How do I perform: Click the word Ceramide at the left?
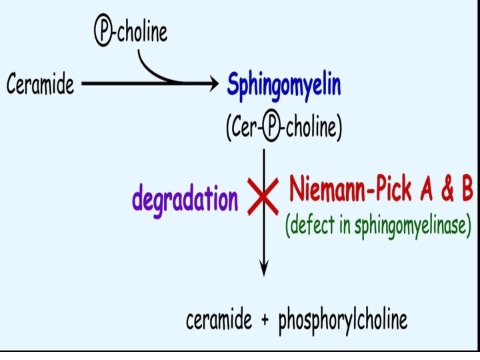click(41, 85)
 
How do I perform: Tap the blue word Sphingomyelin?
click(284, 85)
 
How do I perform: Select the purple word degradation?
click(185, 198)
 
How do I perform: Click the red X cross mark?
click(264, 198)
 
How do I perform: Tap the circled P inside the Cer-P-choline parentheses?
click(271, 129)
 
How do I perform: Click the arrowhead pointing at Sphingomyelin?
click(213, 84)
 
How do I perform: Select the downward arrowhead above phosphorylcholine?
click(265, 269)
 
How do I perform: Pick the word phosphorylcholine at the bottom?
click(342, 321)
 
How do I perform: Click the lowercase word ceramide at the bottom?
click(219, 321)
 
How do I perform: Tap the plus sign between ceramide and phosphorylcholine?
click(265, 321)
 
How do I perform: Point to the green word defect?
click(311, 225)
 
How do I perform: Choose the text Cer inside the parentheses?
click(243, 129)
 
